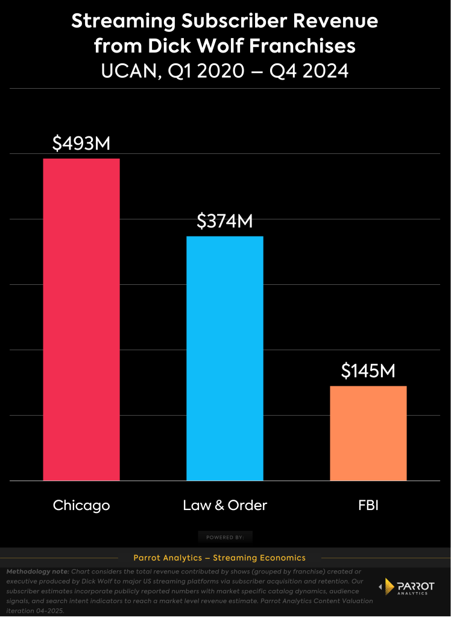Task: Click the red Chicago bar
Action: tap(81, 319)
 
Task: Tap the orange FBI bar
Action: tap(368, 433)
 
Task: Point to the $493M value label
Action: tap(81, 144)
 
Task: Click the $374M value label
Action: tap(225, 221)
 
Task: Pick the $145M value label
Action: tap(368, 371)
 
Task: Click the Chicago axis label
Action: tap(81, 505)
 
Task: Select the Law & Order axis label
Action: tap(225, 505)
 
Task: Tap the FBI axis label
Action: tap(368, 505)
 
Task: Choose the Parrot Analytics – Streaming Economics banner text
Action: tap(219, 558)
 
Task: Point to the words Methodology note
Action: tap(36, 571)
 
